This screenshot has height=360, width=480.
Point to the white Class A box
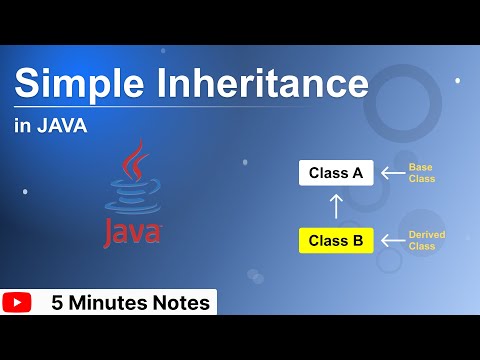(336, 172)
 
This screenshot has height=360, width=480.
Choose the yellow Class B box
(336, 240)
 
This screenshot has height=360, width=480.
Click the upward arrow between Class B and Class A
(336, 206)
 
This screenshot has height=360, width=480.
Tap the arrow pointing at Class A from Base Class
(391, 172)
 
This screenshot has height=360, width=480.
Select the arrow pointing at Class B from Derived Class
(391, 240)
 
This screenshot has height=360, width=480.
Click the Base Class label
(422, 172)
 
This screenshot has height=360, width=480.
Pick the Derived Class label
(426, 240)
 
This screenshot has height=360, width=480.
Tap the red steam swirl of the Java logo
(133, 160)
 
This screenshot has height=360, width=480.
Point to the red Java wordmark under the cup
(131, 232)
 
